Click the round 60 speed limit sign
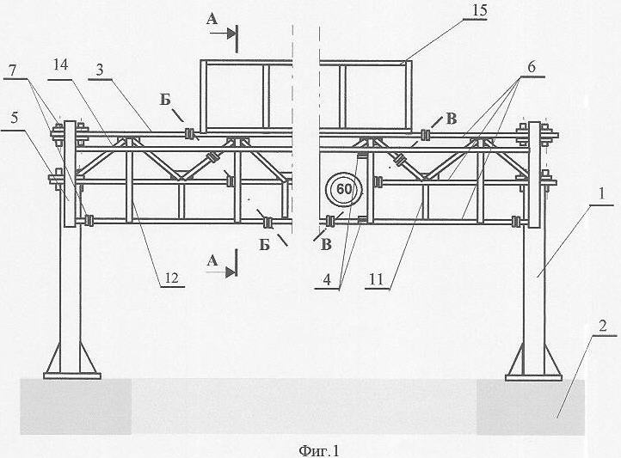[344, 189]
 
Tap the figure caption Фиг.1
[319, 450]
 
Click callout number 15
[479, 11]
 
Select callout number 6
[531, 67]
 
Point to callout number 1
[601, 194]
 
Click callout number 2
[602, 327]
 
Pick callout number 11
[377, 279]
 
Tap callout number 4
[327, 279]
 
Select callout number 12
[172, 278]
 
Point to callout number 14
[60, 65]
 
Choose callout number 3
[100, 70]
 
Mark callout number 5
[15, 119]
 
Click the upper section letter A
[212, 20]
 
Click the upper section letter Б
[165, 100]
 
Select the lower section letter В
[326, 245]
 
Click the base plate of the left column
[72, 376]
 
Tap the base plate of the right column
[533, 377]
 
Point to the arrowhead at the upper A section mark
[231, 34]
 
